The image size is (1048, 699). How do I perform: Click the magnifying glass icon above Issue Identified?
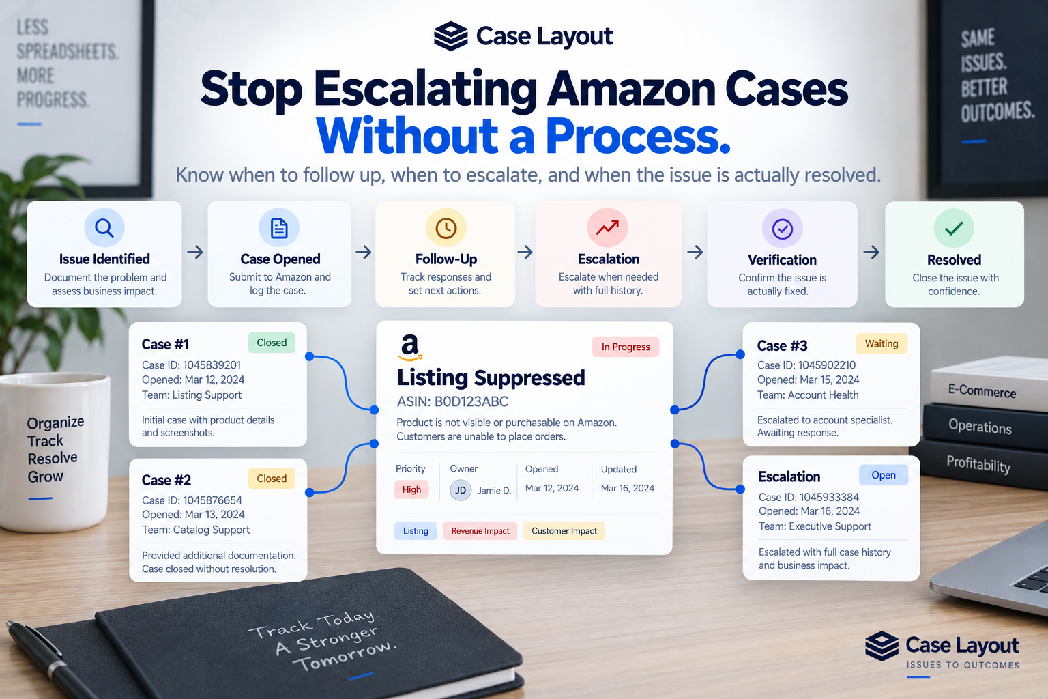pyautogui.click(x=104, y=228)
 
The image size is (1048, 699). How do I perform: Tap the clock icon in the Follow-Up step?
pyautogui.click(x=446, y=228)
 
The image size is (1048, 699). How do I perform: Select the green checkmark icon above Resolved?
pyautogui.click(x=953, y=228)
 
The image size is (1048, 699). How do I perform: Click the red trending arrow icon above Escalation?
pyautogui.click(x=607, y=227)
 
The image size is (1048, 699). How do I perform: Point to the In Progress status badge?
pyautogui.click(x=626, y=347)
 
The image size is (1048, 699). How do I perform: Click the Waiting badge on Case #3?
pyautogui.click(x=882, y=343)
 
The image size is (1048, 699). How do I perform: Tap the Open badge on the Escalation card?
pyautogui.click(x=884, y=475)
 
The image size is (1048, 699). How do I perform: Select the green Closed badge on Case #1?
pyautogui.click(x=272, y=342)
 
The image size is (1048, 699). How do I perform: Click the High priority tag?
pyautogui.click(x=411, y=489)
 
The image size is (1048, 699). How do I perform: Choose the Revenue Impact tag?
pyautogui.click(x=480, y=531)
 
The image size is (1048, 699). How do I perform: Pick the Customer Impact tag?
pyautogui.click(x=564, y=531)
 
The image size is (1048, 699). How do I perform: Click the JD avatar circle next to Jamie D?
pyautogui.click(x=461, y=490)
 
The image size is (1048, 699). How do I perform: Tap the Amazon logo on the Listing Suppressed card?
pyautogui.click(x=410, y=347)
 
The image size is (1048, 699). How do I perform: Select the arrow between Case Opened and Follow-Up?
pyautogui.click(x=364, y=253)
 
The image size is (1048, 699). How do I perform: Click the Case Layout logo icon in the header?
pyautogui.click(x=450, y=36)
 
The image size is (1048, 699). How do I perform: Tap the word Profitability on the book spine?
pyautogui.click(x=978, y=463)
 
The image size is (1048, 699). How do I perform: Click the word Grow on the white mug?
pyautogui.click(x=45, y=476)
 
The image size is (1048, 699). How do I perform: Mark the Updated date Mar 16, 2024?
pyautogui.click(x=628, y=488)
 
